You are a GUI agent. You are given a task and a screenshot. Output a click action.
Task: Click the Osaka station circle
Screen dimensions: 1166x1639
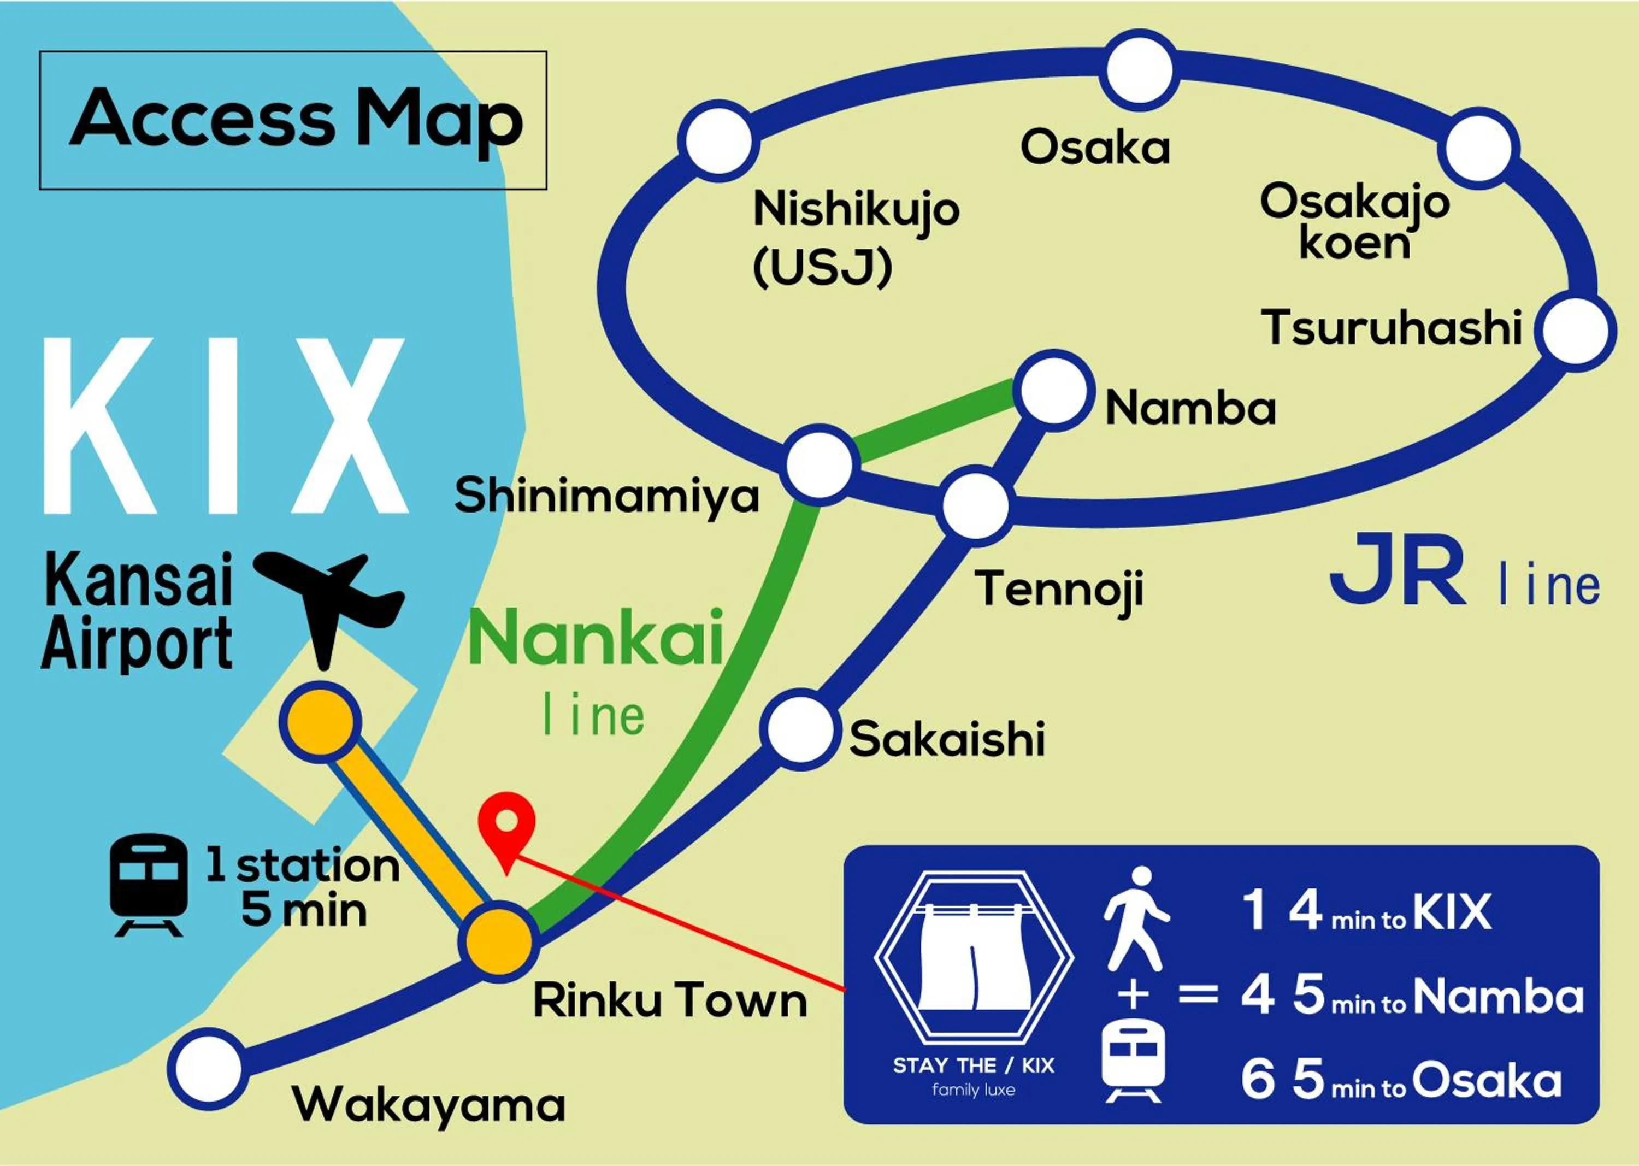(x=1139, y=70)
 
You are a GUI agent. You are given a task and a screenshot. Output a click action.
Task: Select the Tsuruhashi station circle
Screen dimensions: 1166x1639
(x=1575, y=331)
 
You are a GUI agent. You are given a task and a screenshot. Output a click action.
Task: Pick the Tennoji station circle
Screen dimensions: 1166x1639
(x=976, y=505)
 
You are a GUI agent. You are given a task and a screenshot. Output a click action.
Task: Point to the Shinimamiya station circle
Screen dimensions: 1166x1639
(x=819, y=464)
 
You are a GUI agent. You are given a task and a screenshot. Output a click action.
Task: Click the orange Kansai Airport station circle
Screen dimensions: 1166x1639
(x=320, y=720)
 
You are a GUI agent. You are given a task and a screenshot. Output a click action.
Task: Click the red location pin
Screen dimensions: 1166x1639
(x=507, y=826)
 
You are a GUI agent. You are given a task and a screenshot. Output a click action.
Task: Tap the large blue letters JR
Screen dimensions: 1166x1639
(x=1396, y=571)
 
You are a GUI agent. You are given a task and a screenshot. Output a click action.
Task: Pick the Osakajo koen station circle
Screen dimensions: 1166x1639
(x=1478, y=148)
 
